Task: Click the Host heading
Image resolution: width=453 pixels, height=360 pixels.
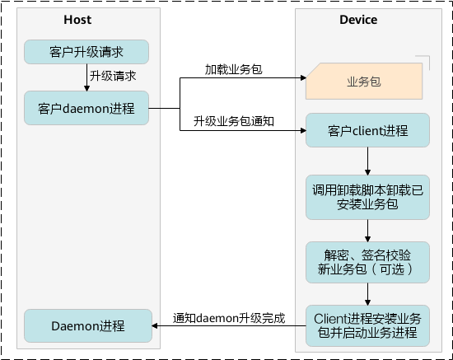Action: click(77, 20)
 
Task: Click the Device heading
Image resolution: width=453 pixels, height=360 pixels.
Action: click(358, 20)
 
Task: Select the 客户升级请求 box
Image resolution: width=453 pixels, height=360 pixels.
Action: click(86, 52)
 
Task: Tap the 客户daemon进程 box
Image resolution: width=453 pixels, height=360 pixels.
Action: click(86, 109)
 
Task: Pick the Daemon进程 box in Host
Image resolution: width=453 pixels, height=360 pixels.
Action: click(88, 326)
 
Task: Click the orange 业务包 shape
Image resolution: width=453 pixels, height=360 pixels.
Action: click(364, 82)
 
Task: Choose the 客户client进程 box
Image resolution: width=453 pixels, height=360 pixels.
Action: click(367, 130)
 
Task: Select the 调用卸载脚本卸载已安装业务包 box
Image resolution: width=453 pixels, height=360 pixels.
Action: click(367, 197)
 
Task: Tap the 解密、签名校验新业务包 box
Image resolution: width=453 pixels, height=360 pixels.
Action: click(367, 262)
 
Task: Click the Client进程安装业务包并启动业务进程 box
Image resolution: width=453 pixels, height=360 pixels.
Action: click(367, 325)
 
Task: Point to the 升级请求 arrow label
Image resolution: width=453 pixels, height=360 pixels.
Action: click(113, 76)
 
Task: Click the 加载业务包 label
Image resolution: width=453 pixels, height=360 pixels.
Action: click(233, 69)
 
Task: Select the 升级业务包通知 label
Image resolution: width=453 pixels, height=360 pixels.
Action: click(233, 121)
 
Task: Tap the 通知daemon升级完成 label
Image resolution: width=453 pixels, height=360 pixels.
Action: click(229, 318)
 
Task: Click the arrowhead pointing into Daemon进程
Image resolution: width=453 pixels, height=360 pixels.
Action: click(155, 326)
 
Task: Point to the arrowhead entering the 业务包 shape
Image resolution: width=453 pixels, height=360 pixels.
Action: click(303, 77)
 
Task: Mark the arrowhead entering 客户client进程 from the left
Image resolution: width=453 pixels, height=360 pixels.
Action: click(303, 131)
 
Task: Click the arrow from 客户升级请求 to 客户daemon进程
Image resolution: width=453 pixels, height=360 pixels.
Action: click(86, 77)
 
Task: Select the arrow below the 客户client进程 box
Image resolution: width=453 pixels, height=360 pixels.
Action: click(368, 161)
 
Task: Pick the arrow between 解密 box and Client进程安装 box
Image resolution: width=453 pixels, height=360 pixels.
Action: click(368, 294)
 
